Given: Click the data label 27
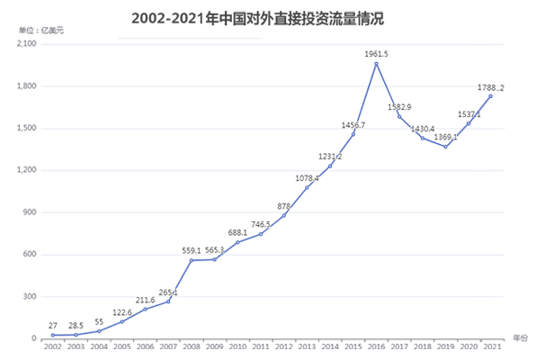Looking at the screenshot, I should (53, 326).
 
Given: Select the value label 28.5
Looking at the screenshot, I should (76, 326).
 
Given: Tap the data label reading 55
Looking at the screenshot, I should (98, 321).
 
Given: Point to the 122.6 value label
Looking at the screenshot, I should (121, 312).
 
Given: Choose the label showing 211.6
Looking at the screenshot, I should (146, 301).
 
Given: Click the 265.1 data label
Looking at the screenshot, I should (168, 292).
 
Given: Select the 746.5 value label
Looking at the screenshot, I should (262, 224).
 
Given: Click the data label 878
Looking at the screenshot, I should (283, 207).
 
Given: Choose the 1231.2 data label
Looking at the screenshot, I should (330, 157).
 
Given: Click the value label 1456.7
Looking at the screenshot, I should (353, 125).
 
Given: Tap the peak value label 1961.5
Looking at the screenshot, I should (377, 54).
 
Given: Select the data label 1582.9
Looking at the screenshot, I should (399, 107).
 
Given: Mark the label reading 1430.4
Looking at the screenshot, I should (423, 129).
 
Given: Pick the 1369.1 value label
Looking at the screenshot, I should (445, 138).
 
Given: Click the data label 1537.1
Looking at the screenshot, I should (469, 114).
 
